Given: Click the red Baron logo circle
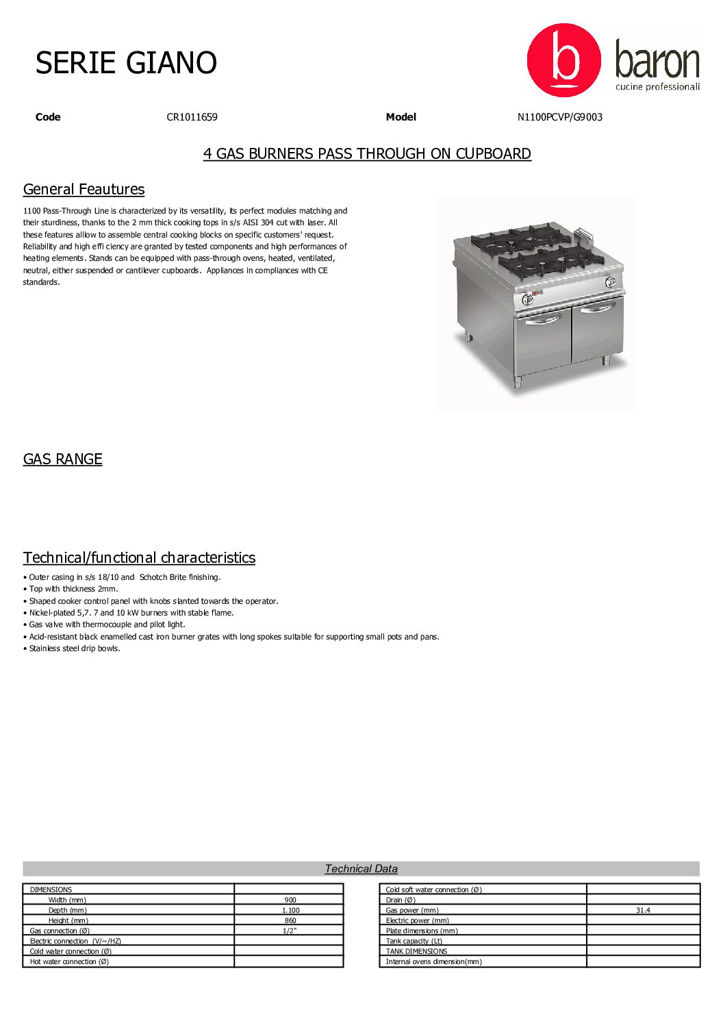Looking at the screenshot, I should pos(563,60).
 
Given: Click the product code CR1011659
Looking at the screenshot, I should pos(192,117).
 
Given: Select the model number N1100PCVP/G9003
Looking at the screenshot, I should pos(559,117).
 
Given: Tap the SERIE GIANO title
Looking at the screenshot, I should pos(126,63).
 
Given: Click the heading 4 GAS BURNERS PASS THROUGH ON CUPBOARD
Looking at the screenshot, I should pos(367,153).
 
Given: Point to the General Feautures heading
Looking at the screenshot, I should pos(84,189).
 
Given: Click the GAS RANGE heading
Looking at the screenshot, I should pos(62,459).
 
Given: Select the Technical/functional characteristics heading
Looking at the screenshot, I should pos(139,557).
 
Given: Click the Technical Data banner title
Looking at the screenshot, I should pos(361,868).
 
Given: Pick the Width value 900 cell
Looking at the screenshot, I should pos(290,900).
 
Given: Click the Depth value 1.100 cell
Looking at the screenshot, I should pos(290,910).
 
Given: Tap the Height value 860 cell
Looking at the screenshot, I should pos(290,920).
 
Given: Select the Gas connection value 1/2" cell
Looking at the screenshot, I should pos(290,931).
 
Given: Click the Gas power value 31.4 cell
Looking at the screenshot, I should pos(642,910).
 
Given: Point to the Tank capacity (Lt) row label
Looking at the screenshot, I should pos(414,941).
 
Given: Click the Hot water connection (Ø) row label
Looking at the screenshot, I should pos(69,961).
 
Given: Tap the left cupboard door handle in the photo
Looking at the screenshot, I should pos(544,319).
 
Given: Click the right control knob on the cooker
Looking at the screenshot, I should pos(611,281).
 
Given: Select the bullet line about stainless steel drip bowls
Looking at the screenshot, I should pos(74,648).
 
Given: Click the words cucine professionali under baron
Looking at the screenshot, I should pos(657,87).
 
